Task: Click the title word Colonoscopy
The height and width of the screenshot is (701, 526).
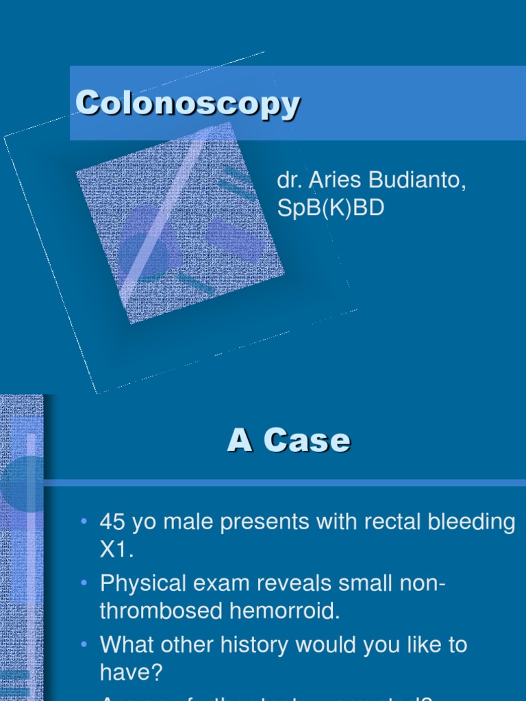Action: tap(188, 105)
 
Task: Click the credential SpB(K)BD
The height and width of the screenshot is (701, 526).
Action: tap(330, 208)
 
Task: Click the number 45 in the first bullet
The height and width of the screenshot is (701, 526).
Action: tap(114, 522)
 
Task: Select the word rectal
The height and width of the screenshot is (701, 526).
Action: tap(390, 522)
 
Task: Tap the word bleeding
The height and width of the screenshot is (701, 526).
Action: tap(475, 523)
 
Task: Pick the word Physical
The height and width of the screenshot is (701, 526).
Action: tap(142, 584)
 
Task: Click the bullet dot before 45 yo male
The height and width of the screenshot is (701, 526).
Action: tap(84, 522)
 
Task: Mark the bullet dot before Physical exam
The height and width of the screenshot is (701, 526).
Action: tap(84, 583)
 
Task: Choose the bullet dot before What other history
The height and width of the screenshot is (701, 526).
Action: tap(84, 644)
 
